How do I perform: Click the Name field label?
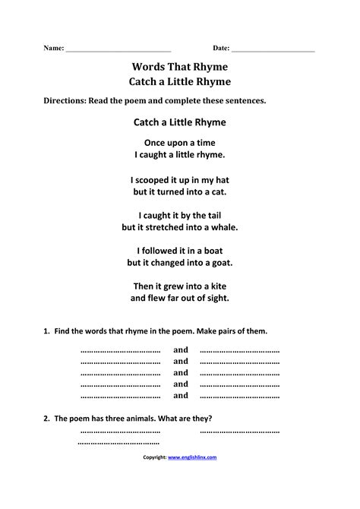point(52,48)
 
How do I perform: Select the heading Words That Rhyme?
point(180,66)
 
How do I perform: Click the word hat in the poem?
point(221,180)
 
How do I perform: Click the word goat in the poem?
point(220,263)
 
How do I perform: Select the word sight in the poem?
point(218,299)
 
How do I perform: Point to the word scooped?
point(152,180)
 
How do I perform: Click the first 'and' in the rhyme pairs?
point(181,350)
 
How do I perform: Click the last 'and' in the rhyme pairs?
point(181,396)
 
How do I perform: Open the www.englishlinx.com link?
point(192,457)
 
